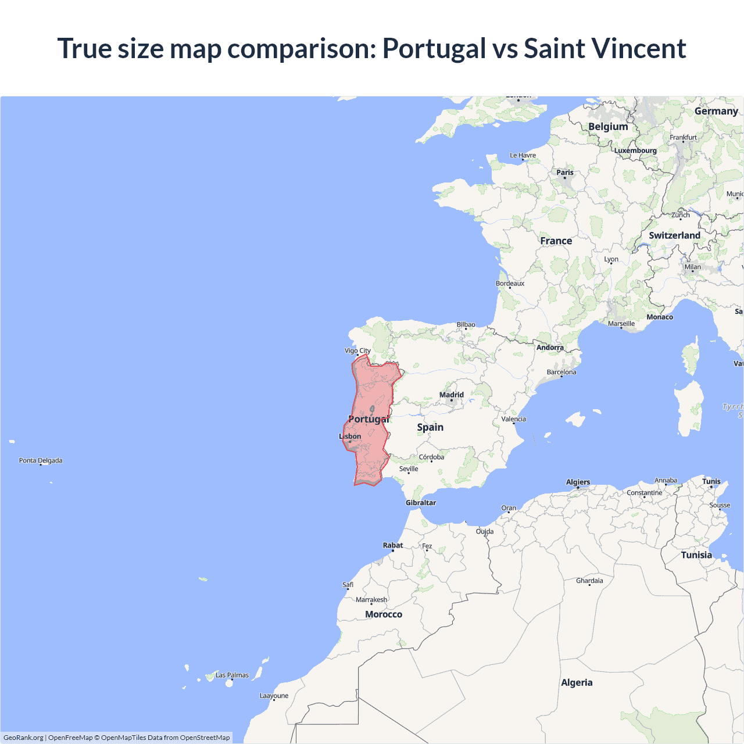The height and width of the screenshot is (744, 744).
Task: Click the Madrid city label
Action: click(x=452, y=395)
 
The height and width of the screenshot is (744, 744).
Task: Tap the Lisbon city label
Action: click(x=350, y=437)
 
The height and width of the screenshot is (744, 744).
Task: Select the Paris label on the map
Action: click(x=565, y=172)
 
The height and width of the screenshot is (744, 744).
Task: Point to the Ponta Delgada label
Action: click(x=41, y=460)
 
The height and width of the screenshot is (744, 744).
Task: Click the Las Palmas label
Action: click(x=232, y=675)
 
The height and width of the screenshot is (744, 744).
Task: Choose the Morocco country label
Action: click(x=384, y=614)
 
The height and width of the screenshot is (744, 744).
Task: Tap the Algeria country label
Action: click(x=577, y=682)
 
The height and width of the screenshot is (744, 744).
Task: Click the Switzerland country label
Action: click(x=674, y=235)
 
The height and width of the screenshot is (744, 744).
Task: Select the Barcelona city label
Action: click(x=561, y=372)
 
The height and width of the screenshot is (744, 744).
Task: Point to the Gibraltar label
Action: click(x=421, y=503)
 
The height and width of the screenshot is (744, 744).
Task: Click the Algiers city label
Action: click(x=578, y=482)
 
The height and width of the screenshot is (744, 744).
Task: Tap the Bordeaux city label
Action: click(x=510, y=284)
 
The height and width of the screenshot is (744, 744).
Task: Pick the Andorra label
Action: click(x=550, y=348)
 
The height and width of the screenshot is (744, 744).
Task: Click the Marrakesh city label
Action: click(x=371, y=600)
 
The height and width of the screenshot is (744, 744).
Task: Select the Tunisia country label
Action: click(x=696, y=555)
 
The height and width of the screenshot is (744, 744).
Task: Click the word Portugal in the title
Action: click(x=434, y=48)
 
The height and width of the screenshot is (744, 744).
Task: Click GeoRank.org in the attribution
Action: click(x=23, y=738)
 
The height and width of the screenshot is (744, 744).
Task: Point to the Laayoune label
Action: click(x=274, y=696)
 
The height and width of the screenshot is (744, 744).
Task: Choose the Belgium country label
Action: click(x=608, y=127)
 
